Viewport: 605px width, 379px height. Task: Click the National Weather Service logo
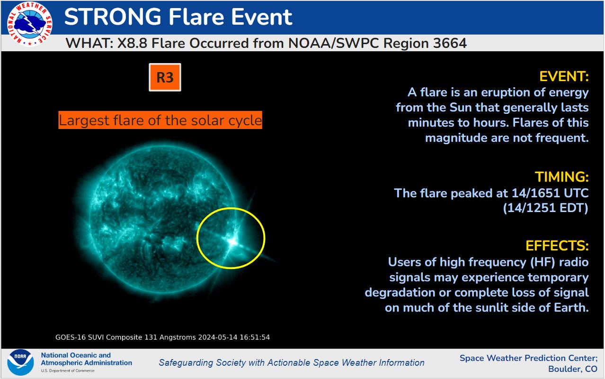[29, 24]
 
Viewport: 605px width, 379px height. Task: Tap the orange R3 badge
[165, 77]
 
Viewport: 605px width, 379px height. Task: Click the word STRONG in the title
[113, 17]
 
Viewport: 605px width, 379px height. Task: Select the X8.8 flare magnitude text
[132, 43]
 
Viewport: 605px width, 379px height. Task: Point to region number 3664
[450, 43]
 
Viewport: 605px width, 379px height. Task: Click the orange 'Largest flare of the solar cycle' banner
[160, 120]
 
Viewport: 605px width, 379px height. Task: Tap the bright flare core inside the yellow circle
[232, 241]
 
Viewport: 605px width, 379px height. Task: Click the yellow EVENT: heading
[564, 76]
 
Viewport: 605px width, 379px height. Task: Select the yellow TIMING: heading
[562, 177]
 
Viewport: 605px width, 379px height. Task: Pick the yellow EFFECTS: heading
[557, 246]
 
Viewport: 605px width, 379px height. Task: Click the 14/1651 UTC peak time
[550, 193]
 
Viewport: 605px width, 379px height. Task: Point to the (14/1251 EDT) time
[545, 208]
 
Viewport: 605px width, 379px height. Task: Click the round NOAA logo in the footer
[20, 362]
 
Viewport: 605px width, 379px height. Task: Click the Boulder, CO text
[573, 369]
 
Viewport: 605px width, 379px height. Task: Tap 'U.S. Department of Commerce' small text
[68, 370]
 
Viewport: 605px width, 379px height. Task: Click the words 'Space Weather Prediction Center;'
[529, 358]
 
